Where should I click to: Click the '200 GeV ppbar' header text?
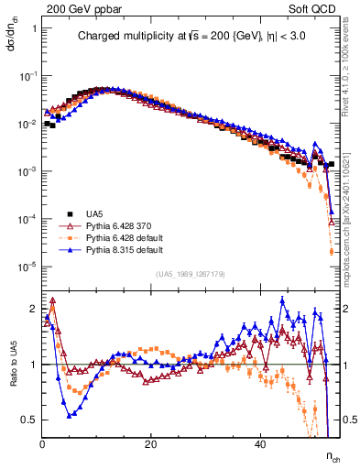(x=73, y=8)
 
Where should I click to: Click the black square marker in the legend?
(x=67, y=213)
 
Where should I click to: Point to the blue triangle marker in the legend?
(x=67, y=248)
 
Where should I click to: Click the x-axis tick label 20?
(x=152, y=444)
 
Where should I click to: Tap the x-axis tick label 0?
(x=43, y=444)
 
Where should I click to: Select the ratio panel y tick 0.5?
(x=32, y=420)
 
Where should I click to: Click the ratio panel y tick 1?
(x=36, y=365)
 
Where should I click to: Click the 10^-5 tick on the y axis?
(x=28, y=267)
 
